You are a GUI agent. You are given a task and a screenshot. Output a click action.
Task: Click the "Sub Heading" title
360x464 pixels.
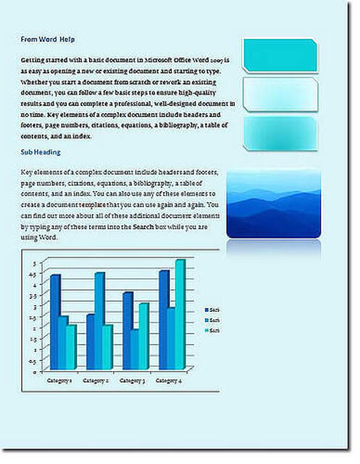41,152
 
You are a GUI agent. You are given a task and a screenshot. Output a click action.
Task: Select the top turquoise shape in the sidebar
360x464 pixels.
280,55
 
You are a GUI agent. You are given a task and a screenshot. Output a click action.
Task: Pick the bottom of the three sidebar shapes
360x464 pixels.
280,132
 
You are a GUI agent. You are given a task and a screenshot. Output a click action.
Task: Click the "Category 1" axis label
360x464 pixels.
59,380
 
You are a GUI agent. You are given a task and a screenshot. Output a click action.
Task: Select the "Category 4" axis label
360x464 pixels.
168,380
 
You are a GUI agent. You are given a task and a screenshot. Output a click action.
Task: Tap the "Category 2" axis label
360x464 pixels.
96,380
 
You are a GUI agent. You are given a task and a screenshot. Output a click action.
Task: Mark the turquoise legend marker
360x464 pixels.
206,331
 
